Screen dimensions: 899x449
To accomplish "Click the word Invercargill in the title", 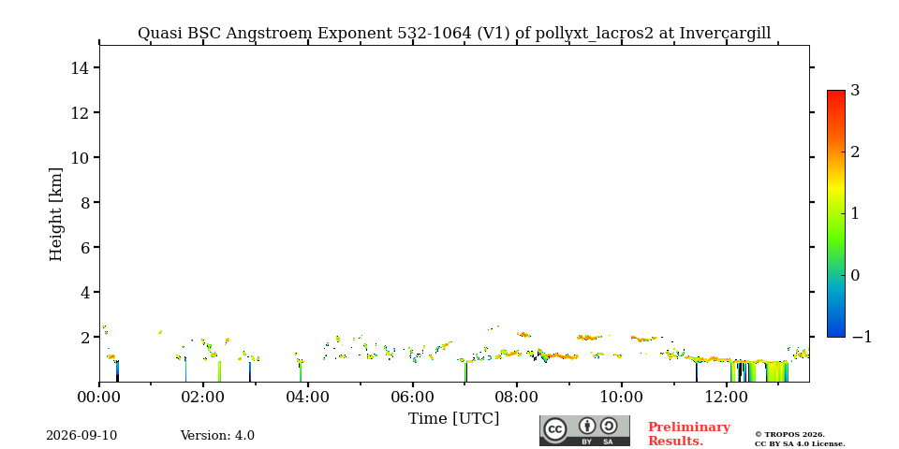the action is point(725,34).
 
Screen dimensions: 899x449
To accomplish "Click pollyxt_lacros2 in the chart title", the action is point(594,34).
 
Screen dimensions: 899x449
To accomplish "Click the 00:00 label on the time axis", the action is point(99,397).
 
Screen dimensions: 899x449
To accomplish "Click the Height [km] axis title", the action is point(55,214).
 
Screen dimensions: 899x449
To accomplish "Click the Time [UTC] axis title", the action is point(453,419).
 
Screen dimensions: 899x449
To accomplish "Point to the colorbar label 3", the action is point(855,91).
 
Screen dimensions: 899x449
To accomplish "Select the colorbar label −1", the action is point(862,338).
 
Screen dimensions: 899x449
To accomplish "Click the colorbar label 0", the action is point(855,275).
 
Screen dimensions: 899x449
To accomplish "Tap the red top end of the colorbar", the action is point(836,93).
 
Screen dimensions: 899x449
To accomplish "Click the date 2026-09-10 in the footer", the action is point(81,436).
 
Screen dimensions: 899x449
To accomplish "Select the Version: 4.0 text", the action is point(217,436).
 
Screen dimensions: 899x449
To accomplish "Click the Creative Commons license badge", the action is point(584,430).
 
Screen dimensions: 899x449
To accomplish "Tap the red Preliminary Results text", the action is point(689,434).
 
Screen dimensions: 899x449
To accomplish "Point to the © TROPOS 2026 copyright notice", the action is point(789,435).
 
